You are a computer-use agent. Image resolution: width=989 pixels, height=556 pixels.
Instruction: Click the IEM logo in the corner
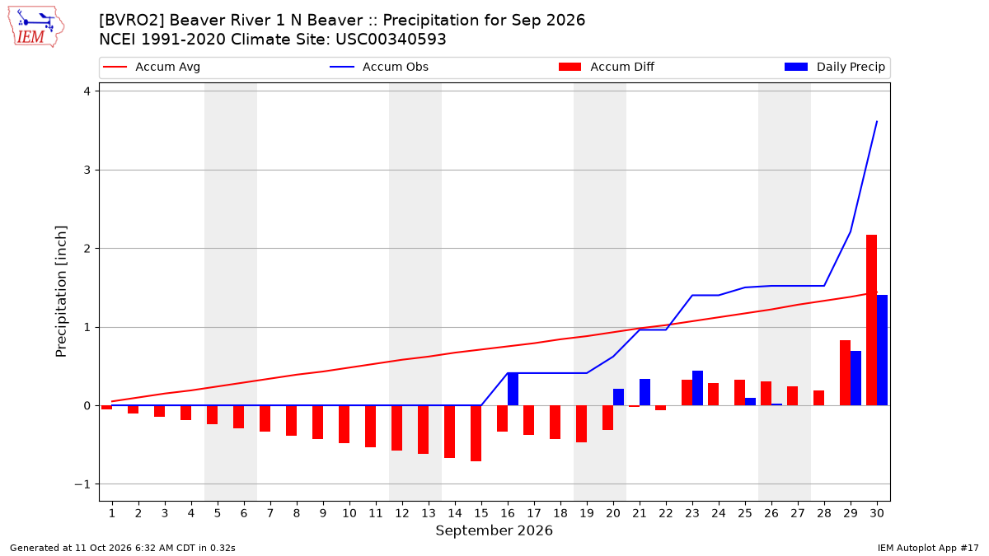tap(36, 27)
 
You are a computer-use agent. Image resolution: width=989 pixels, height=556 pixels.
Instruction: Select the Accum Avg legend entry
tap(152, 67)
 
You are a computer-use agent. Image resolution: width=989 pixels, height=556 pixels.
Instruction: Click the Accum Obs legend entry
tap(379, 67)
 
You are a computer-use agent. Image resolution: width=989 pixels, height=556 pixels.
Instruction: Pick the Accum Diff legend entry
tap(607, 67)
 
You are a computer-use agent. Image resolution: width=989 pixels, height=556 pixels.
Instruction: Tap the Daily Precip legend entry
tap(834, 67)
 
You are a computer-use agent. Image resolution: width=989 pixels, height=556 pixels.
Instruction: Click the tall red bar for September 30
tap(872, 320)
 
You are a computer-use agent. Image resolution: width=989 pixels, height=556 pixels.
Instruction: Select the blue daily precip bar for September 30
tap(882, 350)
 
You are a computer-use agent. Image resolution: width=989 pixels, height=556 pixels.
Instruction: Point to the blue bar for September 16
tap(513, 389)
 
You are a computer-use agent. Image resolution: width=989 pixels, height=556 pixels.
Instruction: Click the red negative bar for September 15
tap(476, 433)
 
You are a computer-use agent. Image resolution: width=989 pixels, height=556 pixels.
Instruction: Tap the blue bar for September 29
tap(855, 378)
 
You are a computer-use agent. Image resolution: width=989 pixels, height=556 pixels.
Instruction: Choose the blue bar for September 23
tap(697, 388)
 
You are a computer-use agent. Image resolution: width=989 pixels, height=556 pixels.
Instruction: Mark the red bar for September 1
tap(107, 407)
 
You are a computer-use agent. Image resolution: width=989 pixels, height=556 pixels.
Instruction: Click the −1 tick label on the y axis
tap(82, 484)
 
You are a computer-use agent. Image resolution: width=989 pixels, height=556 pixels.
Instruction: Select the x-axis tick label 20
tap(613, 513)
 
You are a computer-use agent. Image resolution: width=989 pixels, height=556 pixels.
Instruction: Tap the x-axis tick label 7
tap(270, 513)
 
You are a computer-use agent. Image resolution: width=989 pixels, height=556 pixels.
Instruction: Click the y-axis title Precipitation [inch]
tap(61, 292)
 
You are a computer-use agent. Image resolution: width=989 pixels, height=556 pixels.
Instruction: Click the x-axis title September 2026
tap(494, 530)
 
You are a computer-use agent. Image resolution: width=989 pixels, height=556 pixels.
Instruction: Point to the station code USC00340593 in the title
tap(391, 40)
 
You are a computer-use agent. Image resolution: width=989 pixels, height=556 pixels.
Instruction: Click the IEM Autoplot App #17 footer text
tap(928, 548)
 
